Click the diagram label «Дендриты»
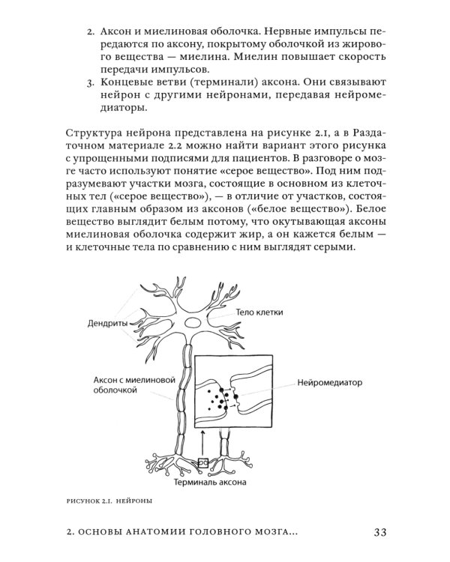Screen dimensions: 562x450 click(x=99, y=324)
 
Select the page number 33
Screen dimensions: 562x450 click(x=379, y=533)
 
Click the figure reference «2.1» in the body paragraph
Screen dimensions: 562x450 click(x=291, y=133)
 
